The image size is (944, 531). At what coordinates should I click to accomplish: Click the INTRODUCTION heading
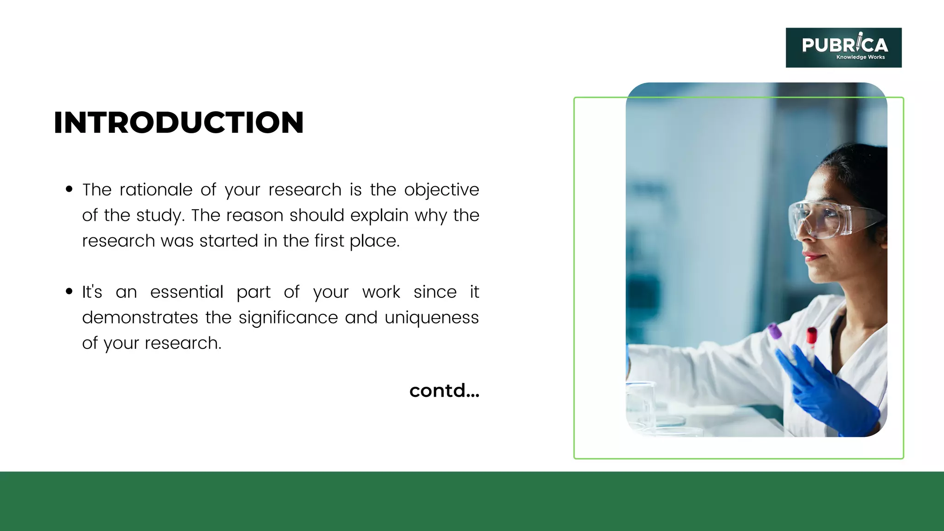(x=179, y=123)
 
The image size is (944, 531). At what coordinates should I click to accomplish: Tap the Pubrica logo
(x=844, y=47)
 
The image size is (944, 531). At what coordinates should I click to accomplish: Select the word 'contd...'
(x=444, y=391)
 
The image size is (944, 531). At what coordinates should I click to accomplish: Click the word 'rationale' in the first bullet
(x=156, y=190)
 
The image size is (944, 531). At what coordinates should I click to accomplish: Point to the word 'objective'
(x=442, y=190)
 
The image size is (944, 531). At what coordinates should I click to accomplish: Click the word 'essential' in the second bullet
(x=187, y=292)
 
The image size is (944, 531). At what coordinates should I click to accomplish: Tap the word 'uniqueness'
(x=431, y=318)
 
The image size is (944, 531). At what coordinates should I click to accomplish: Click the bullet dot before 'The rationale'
(x=69, y=189)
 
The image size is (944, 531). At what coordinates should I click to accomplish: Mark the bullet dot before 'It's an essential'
(x=69, y=291)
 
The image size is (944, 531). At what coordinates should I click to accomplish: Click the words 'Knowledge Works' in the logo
(x=860, y=57)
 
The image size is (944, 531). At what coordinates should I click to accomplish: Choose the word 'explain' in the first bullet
(x=379, y=216)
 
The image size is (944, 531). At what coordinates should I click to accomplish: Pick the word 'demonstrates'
(x=140, y=318)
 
